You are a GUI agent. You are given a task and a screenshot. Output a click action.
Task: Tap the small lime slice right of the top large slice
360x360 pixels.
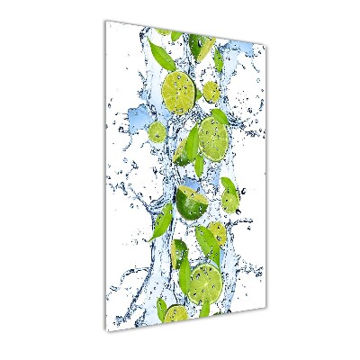211,91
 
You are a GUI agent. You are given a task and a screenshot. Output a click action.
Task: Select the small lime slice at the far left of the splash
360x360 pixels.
157,132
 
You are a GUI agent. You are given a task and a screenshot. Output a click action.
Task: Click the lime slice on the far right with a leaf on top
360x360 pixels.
230,193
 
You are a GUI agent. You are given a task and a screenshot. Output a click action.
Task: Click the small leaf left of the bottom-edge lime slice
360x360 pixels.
161,309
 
